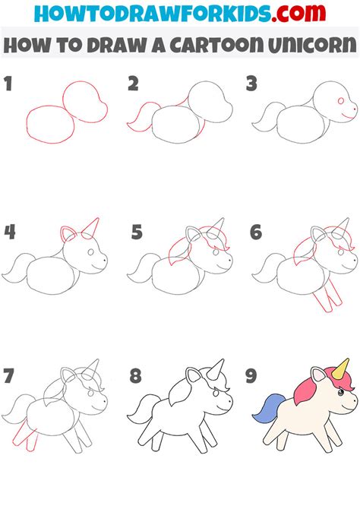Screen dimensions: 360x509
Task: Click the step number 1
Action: point(8,84)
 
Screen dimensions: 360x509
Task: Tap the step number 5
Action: point(137,232)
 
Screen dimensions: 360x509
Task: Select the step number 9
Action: point(251,375)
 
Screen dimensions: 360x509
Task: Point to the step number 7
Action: point(8,375)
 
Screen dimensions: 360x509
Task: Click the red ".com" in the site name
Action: point(298,14)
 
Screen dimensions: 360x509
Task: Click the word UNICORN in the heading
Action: point(313,45)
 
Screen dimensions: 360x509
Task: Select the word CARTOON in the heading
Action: point(216,45)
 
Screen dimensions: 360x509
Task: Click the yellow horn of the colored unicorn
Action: point(341,369)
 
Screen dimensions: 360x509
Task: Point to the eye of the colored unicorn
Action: point(341,393)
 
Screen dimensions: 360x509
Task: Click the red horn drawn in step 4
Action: point(92,229)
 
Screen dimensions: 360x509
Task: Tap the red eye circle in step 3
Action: point(341,100)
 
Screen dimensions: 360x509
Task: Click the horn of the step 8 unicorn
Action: point(216,370)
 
